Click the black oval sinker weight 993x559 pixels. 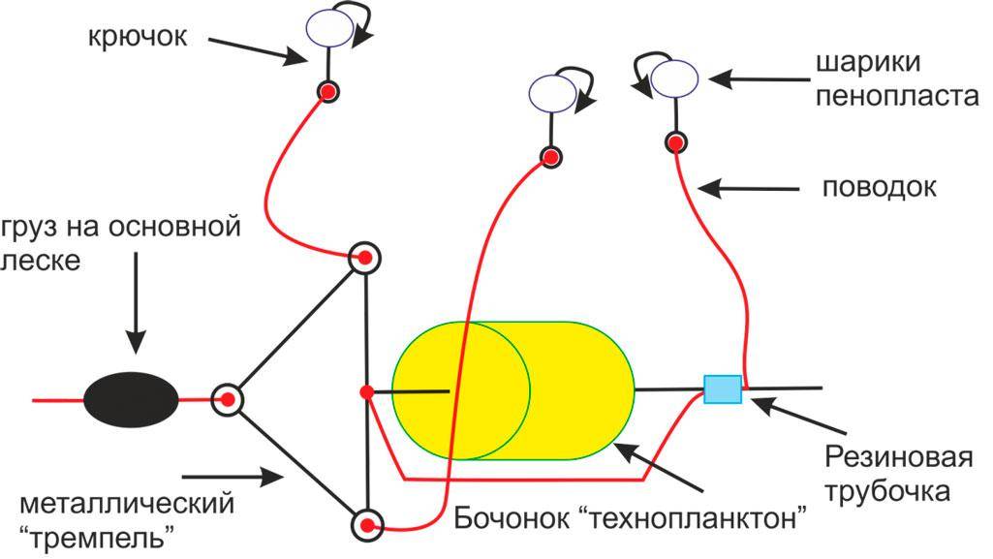coord(131,398)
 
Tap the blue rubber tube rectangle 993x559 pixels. coord(723,388)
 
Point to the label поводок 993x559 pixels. coord(879,187)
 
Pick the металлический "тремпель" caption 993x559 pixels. coord(127,518)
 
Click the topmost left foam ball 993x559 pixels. coord(328,28)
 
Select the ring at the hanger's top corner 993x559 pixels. coord(365,258)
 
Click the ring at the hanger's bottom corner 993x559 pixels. coord(367,524)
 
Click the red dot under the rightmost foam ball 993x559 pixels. coord(675,142)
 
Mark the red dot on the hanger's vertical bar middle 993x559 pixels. coord(366,391)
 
